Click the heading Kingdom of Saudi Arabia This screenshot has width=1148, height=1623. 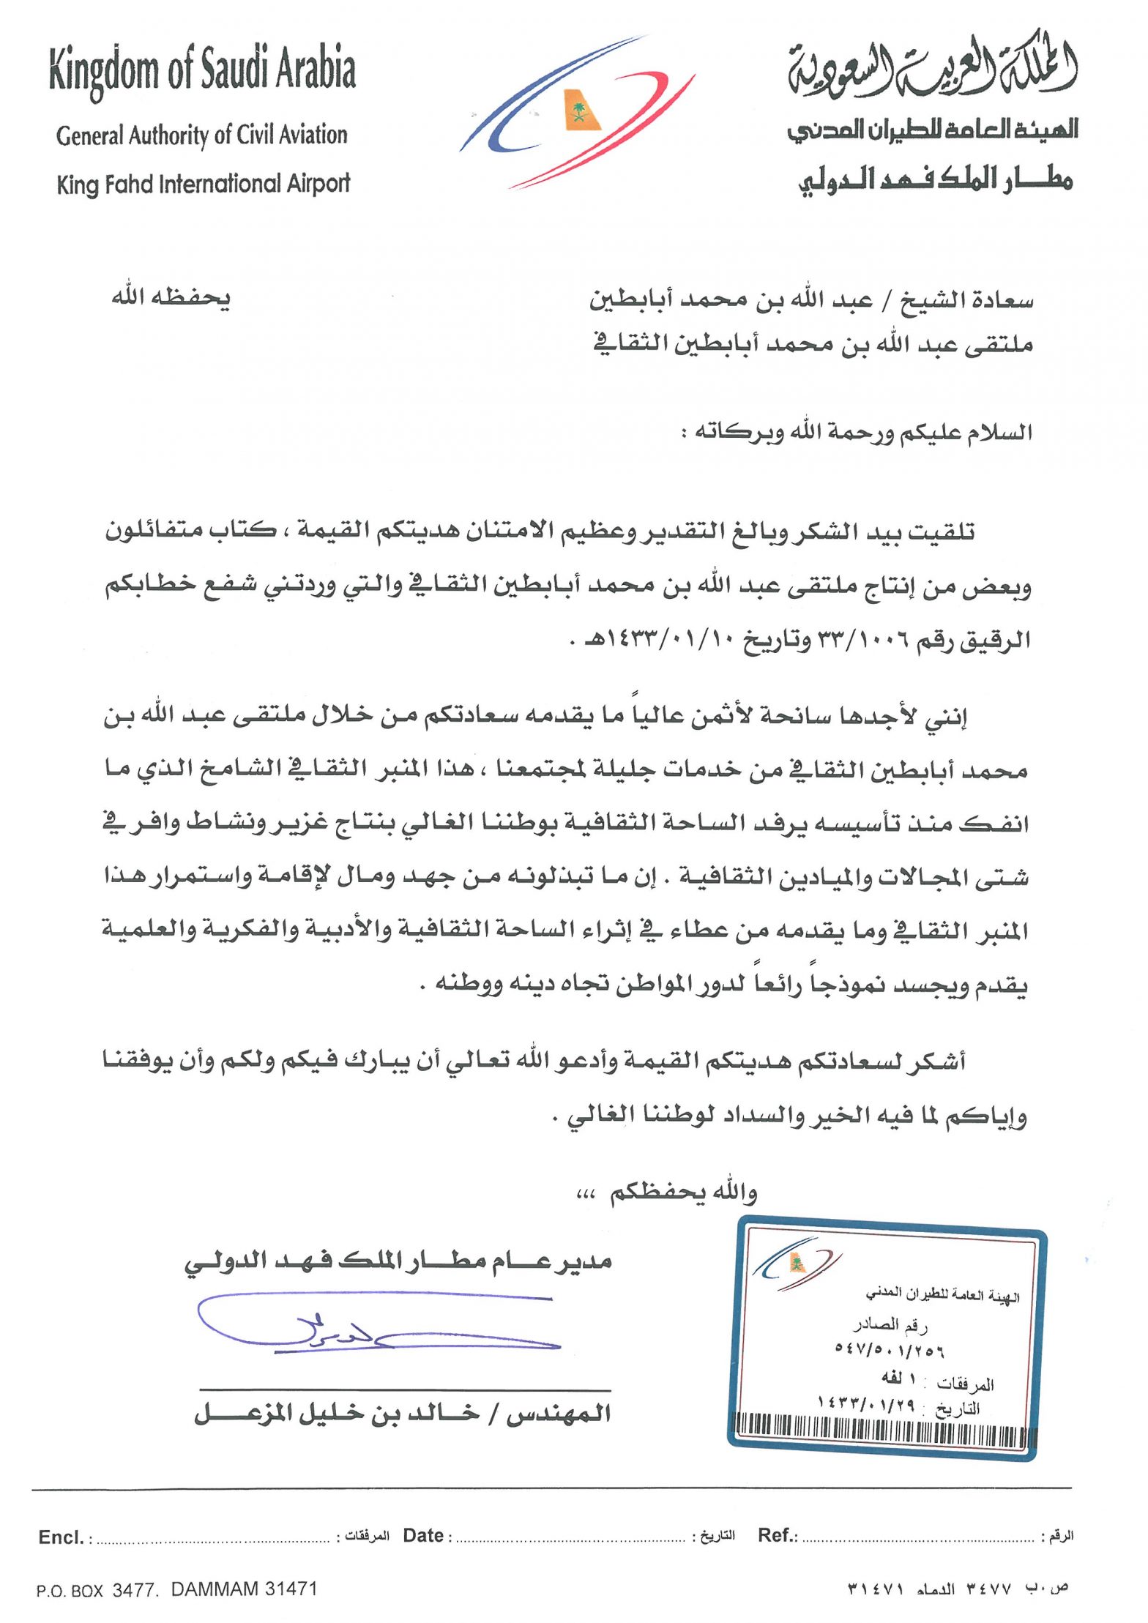coord(202,70)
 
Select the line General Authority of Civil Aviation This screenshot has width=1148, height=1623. coord(201,135)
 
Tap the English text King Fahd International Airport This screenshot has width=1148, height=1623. coord(203,184)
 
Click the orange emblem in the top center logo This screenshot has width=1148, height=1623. coord(581,111)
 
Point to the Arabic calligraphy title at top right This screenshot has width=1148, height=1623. coord(932,68)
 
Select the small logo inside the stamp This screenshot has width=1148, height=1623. coord(796,1262)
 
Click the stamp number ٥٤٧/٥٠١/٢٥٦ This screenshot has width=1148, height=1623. coord(890,1348)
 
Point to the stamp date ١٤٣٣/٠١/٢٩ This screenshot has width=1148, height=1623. coord(866,1403)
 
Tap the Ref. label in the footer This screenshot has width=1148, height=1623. coord(777,1535)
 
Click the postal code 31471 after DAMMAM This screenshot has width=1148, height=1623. coord(291,1589)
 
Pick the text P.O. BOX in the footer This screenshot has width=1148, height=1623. coord(70,1591)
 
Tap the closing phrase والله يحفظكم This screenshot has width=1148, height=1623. coord(682,1193)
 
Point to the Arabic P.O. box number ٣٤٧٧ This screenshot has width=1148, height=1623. coord(988,1589)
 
